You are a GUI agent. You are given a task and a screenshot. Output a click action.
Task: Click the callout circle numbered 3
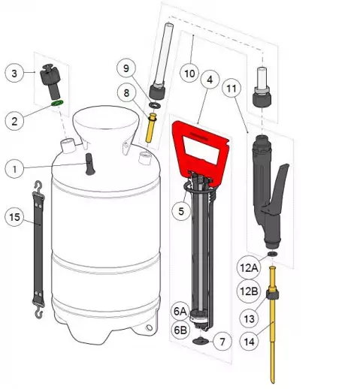click(x=14, y=73)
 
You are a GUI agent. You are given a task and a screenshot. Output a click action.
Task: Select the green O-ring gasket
click(x=57, y=103)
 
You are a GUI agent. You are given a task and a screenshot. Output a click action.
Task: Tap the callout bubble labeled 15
click(x=14, y=216)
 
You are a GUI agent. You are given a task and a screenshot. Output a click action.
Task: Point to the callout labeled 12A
click(x=249, y=267)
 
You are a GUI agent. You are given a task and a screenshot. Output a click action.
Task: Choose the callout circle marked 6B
click(x=180, y=330)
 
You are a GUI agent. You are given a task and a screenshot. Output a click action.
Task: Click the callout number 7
click(x=222, y=342)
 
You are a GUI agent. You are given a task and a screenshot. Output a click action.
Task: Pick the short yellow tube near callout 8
click(x=150, y=128)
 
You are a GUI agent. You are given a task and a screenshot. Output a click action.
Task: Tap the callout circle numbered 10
click(x=190, y=74)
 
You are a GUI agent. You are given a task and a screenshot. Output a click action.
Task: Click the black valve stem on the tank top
click(x=89, y=164)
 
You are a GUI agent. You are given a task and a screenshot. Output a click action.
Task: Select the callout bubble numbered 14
click(x=249, y=341)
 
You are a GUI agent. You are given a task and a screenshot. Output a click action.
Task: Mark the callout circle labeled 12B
click(x=249, y=291)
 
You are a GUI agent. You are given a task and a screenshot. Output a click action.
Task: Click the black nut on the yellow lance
click(x=273, y=294)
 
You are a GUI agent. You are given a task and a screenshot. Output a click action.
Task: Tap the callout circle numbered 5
click(x=181, y=211)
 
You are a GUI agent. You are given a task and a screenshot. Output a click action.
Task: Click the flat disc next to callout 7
click(x=201, y=340)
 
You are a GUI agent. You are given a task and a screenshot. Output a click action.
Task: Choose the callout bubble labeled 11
click(x=231, y=88)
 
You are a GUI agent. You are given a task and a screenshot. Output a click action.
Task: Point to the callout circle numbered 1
click(x=14, y=169)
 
